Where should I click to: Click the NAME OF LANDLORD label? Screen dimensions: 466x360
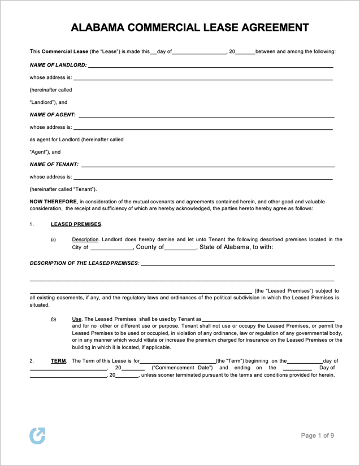tap(58, 65)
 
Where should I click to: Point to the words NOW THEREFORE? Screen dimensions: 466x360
tap(53, 201)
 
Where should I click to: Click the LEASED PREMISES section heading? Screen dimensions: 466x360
tap(76, 224)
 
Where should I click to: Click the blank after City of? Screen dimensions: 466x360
tap(111, 248)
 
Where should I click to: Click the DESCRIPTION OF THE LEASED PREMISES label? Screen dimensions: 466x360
tap(84, 264)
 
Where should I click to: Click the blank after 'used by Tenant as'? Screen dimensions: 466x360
tap(268, 320)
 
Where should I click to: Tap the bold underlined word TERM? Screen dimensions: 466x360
tap(58, 361)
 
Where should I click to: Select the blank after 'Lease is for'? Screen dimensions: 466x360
tap(177, 362)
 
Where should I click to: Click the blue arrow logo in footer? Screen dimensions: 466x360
tap(37, 435)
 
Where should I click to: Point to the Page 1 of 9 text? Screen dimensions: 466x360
tap(317, 435)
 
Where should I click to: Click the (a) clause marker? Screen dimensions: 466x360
tap(54, 240)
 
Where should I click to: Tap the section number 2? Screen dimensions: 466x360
tap(32, 361)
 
